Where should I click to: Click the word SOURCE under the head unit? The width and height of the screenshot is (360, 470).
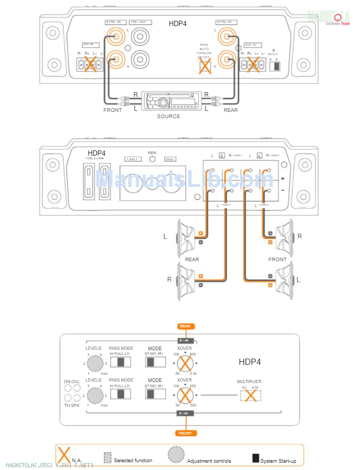(169, 116)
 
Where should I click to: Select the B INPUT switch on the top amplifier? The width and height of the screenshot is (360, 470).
(276, 66)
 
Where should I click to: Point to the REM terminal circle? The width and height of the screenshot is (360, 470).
(152, 159)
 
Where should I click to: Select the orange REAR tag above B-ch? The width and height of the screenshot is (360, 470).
(185, 326)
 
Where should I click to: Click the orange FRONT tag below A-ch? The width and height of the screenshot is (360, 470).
(185, 433)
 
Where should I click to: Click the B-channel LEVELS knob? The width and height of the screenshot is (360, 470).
(95, 363)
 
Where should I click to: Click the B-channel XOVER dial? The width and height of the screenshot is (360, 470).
(185, 362)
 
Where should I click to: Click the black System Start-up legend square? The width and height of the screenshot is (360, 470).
(255, 458)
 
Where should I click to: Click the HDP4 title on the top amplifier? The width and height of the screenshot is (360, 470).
(178, 23)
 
